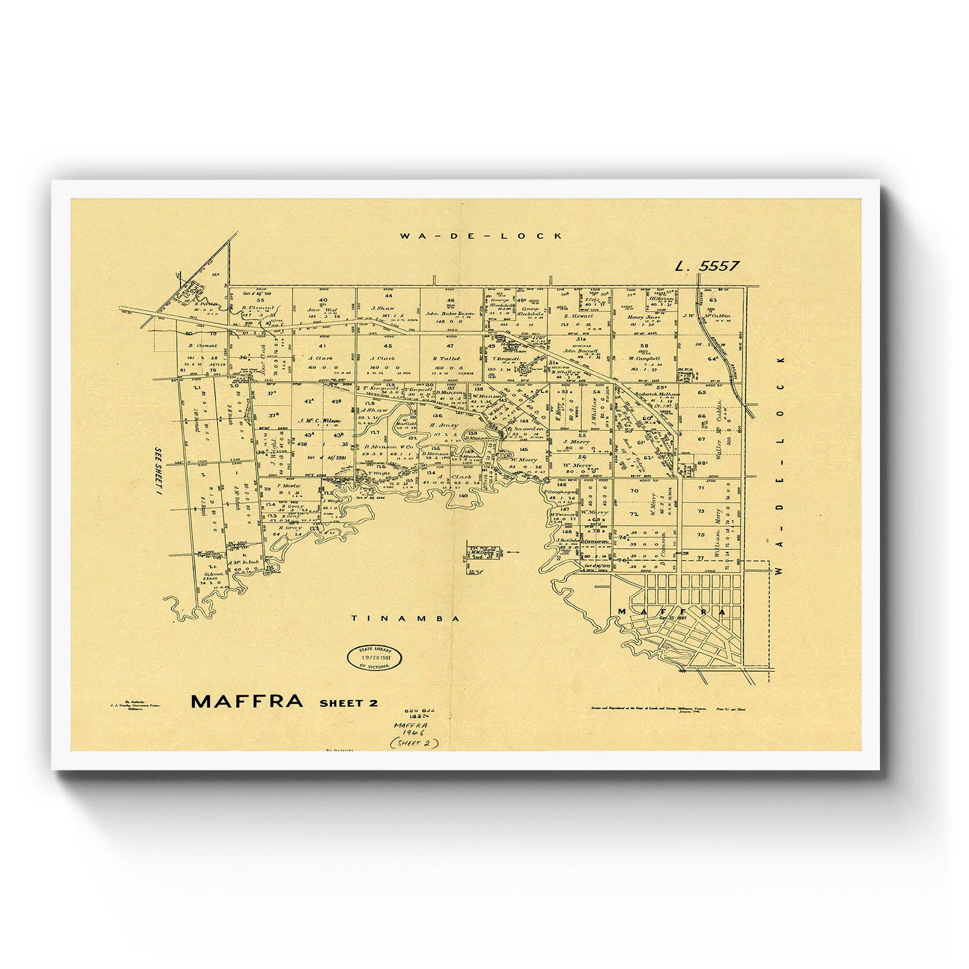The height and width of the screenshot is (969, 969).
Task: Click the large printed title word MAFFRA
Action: tap(246, 701)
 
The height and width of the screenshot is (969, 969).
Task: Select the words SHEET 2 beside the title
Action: tap(348, 703)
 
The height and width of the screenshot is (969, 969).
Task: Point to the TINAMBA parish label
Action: tap(406, 618)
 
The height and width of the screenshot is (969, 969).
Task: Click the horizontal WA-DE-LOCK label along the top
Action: tap(481, 236)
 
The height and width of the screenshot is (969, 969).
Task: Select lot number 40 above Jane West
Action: tap(323, 300)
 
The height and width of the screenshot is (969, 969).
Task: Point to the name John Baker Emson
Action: tap(449, 314)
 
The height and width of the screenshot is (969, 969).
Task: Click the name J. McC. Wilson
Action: tap(320, 420)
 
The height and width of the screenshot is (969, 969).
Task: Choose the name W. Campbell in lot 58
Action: tap(644, 358)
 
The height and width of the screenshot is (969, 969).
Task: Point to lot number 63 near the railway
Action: tap(713, 300)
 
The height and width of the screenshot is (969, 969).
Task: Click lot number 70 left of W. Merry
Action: tap(634, 491)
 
